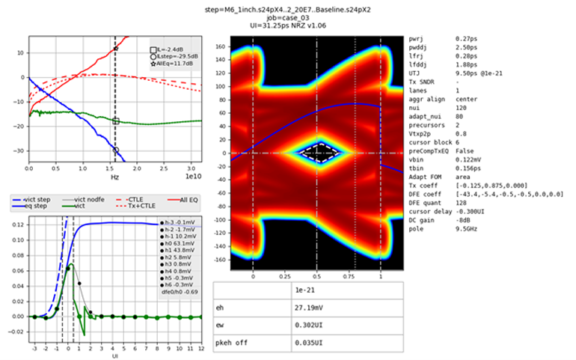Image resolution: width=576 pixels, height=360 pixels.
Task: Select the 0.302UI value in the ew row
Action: (307, 325)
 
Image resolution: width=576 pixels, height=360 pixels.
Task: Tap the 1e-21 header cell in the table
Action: (303, 288)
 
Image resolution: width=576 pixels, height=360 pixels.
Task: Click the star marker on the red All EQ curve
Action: (115, 49)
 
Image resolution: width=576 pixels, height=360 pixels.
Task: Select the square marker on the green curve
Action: (115, 120)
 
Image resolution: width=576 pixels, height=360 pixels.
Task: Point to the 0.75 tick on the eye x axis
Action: (349, 275)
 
